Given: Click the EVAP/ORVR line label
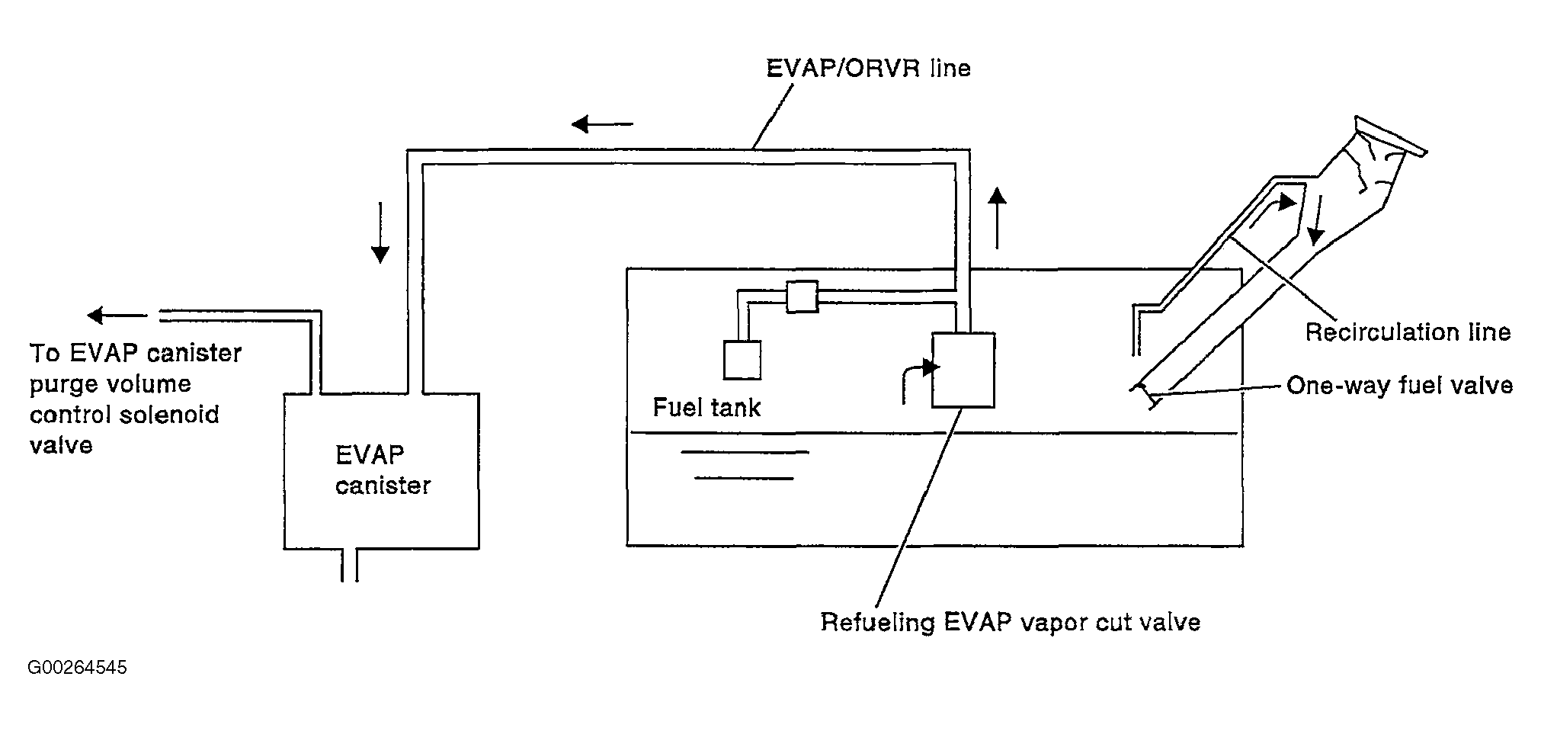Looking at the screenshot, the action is (x=868, y=69).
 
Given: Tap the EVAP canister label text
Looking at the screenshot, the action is (x=383, y=470).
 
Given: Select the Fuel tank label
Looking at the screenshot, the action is (x=706, y=408).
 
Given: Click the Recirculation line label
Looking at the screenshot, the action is (x=1408, y=332).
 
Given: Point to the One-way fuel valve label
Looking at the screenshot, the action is (x=1399, y=386).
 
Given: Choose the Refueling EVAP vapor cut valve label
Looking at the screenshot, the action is (x=1011, y=623).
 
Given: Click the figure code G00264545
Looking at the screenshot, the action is (x=77, y=668).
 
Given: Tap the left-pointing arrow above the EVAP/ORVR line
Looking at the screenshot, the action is (x=602, y=123).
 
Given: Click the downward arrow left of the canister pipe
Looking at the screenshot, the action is (x=380, y=233).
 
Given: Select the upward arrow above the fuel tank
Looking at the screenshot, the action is (x=997, y=218).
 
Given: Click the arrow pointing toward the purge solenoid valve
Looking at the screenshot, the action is (x=117, y=315).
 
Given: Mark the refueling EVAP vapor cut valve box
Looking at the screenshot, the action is (x=963, y=370).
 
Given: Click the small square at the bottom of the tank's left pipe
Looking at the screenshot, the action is (x=742, y=360).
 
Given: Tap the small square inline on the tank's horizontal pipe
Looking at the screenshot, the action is (x=802, y=297).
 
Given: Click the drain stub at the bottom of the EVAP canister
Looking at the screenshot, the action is (x=349, y=565).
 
